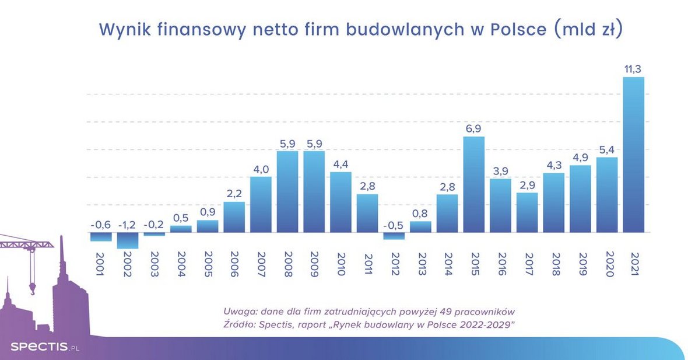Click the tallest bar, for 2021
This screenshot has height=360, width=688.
pos(633,155)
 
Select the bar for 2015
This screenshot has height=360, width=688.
pos(473,184)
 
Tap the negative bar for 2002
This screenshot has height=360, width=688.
pos(128,240)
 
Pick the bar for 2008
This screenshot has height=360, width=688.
pos(287,191)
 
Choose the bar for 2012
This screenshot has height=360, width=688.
pos(394,236)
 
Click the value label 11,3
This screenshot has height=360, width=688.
pos(633,69)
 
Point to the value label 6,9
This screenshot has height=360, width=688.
pos(473,128)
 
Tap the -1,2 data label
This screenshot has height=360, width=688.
pos(128,225)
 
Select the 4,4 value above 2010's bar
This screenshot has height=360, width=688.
pos(341,164)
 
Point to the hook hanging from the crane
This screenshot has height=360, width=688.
pos(31,288)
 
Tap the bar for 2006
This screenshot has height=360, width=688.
pos(234,217)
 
